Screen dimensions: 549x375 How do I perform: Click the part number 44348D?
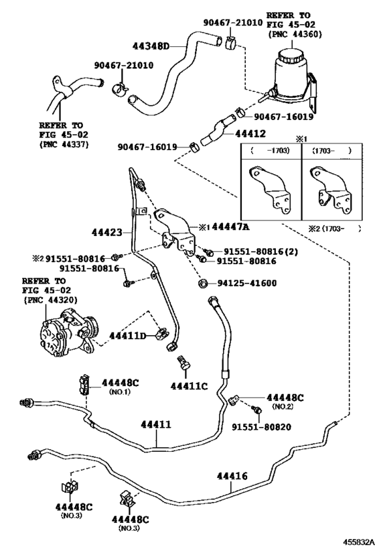click(151, 46)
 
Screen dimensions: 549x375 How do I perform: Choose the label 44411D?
click(127, 334)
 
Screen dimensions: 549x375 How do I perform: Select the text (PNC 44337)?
click(61, 143)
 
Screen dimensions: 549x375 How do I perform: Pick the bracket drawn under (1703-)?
click(329, 191)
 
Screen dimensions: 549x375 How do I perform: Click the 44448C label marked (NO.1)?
click(120, 383)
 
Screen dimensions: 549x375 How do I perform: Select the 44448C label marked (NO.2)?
click(285, 398)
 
